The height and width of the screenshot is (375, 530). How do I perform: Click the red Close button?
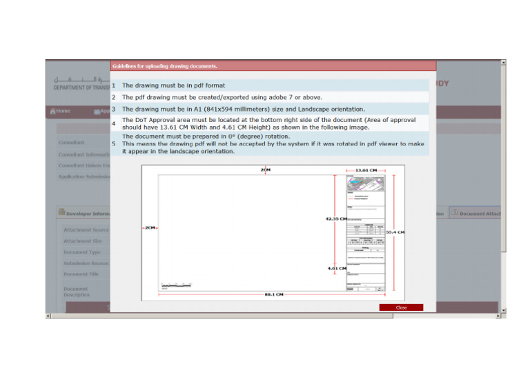point(401,307)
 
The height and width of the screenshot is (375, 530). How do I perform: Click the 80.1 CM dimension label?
point(273,294)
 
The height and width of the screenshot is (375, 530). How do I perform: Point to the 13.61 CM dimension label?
point(365,170)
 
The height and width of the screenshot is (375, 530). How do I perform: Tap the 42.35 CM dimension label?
point(335,219)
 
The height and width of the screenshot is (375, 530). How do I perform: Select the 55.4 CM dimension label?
point(395,232)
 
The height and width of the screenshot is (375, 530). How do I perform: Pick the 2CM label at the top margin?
point(266,170)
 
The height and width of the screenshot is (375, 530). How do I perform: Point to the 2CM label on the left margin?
point(150,228)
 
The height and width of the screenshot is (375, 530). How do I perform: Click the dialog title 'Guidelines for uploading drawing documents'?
point(165,66)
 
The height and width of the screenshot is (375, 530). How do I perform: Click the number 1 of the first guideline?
point(114,85)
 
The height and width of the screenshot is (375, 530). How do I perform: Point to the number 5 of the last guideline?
point(114,144)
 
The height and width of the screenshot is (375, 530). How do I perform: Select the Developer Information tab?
point(83,214)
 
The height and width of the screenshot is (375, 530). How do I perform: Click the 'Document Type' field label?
point(82,252)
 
